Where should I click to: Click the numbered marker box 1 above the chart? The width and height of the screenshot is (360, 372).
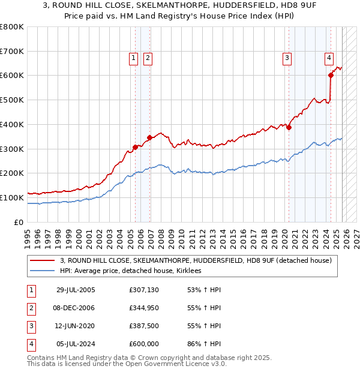pos(133,58)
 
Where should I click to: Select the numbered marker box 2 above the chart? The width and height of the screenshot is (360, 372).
pos(147,58)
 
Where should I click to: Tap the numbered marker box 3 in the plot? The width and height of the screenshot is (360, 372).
pos(287,58)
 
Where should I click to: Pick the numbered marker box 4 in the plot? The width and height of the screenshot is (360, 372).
pos(329,58)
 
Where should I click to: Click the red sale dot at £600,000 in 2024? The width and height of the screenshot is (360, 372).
pos(331,75)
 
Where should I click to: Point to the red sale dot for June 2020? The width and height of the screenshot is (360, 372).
pos(289,127)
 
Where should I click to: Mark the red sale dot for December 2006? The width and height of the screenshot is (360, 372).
pos(149,137)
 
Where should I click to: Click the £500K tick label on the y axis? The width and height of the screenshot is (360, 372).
pos(12,100)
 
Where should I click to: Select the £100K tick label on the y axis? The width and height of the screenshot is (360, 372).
pos(12,197)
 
